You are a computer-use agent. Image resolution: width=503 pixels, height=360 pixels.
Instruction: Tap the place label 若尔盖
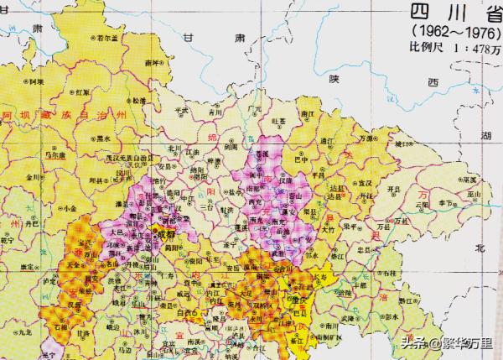[x=106, y=39]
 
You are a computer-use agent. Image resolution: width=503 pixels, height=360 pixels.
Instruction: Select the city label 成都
[x=166, y=237]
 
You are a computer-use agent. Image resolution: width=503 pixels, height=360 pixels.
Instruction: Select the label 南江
[x=306, y=111]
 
